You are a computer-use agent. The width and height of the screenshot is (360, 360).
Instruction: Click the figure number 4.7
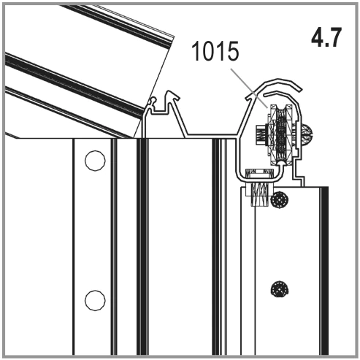[326, 37]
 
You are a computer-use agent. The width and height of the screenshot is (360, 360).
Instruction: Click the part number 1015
[215, 51]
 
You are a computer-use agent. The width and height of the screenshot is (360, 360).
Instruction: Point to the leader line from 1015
[249, 88]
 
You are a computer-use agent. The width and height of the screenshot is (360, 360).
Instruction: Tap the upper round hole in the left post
[95, 161]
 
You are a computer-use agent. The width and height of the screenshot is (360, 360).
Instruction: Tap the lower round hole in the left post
[95, 300]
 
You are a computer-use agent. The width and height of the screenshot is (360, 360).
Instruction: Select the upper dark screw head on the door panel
[280, 199]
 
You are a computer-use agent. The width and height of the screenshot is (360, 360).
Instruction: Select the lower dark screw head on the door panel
[280, 288]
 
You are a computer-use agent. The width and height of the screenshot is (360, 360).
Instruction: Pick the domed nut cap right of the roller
[307, 134]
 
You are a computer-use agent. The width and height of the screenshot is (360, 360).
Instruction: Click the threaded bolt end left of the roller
[261, 134]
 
